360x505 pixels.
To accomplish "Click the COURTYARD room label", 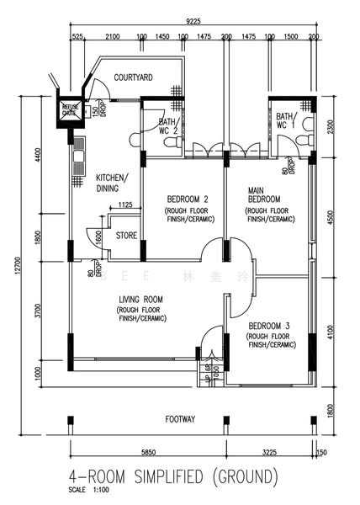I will coord(133,77).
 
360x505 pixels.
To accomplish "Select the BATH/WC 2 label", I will coord(167,126).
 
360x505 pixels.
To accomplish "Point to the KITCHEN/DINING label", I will coord(111,183).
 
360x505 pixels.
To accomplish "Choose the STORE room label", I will coord(126,235).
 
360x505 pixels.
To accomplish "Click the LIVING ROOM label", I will coord(140,299).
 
